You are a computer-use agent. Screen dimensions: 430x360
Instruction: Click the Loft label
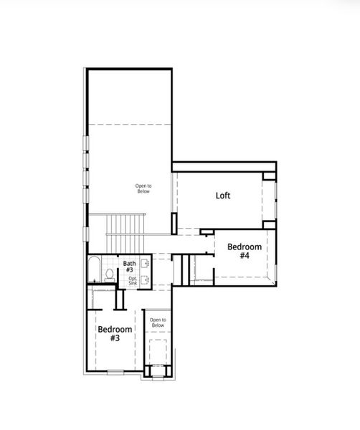click(223, 195)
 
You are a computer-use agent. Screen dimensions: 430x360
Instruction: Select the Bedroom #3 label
click(115, 333)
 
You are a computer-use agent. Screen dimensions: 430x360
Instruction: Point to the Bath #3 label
click(130, 267)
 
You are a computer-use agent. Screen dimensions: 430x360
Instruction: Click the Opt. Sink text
click(133, 280)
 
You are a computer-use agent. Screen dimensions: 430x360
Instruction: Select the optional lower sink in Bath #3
click(146, 280)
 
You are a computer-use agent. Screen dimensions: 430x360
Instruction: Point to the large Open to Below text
click(143, 188)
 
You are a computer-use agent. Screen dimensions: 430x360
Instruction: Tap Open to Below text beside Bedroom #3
click(158, 322)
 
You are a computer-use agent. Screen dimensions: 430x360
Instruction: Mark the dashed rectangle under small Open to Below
click(158, 352)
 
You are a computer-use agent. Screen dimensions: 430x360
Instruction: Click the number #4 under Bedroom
click(244, 256)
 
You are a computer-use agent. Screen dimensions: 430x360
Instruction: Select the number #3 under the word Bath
click(130, 270)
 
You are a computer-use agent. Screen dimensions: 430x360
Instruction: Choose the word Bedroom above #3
click(115, 329)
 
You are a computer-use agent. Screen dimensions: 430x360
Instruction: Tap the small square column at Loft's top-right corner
click(269, 173)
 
